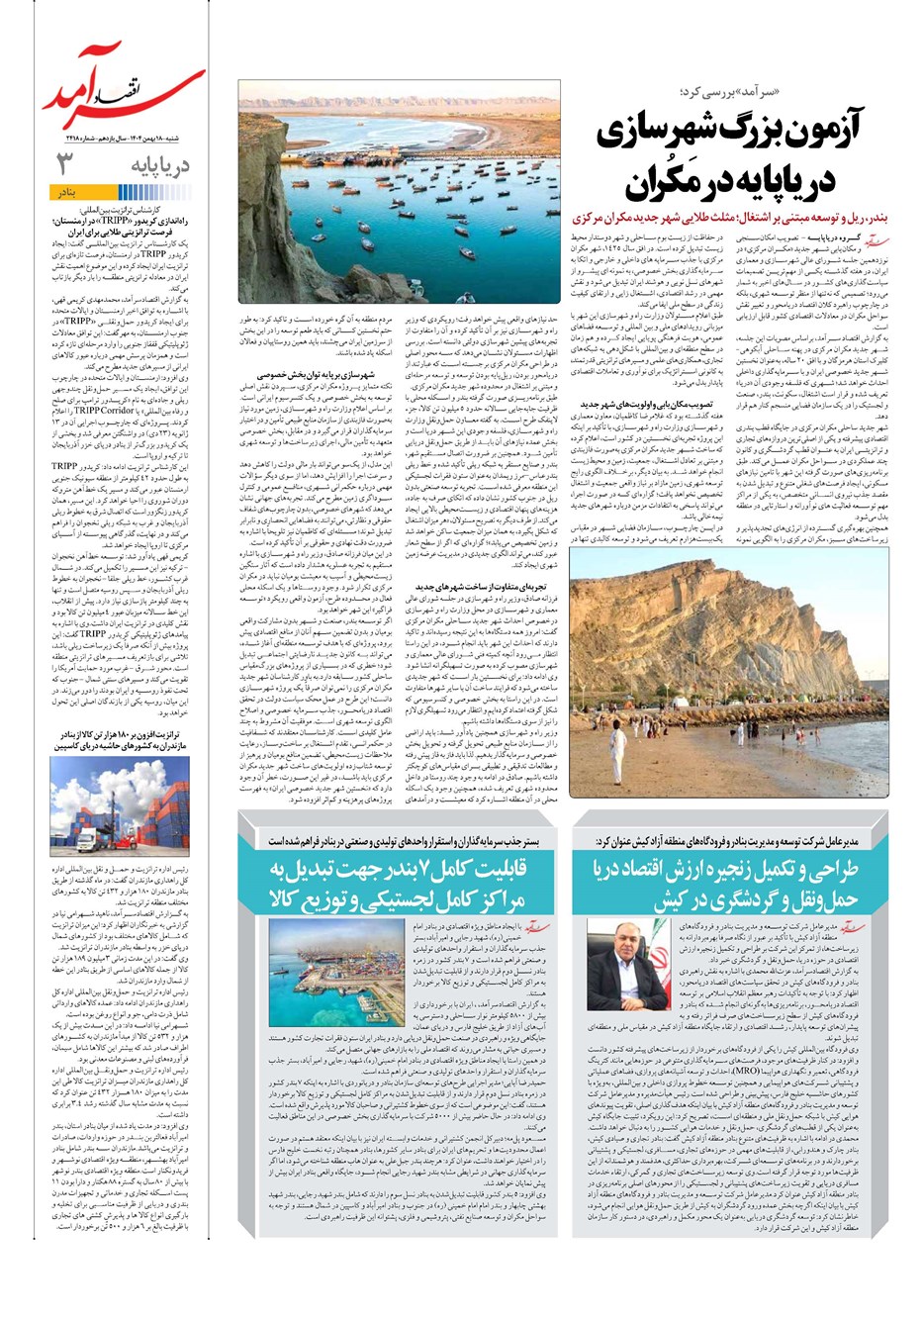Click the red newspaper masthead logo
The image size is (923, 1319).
coord(124,94)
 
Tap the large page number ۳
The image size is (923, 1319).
coord(64,163)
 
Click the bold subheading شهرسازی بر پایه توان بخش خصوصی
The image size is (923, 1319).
coord(315,375)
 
